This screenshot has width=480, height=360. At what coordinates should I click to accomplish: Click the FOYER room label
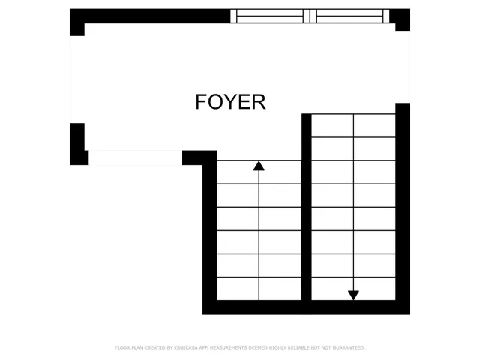click(230, 101)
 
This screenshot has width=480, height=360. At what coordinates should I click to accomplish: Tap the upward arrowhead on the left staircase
click(259, 166)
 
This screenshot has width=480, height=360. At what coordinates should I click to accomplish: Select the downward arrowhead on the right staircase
click(353, 295)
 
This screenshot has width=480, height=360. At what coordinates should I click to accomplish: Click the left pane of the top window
click(270, 15)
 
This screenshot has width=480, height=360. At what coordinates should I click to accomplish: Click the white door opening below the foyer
click(135, 157)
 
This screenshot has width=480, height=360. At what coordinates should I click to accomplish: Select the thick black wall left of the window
click(150, 16)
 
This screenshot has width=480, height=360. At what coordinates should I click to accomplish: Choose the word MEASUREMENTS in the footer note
click(235, 348)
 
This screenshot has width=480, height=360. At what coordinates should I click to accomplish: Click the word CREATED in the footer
click(157, 348)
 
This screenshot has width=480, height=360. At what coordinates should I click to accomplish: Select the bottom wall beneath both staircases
click(306, 307)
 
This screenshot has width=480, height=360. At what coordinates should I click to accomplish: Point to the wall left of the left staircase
click(209, 232)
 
